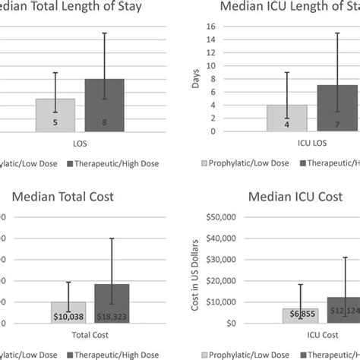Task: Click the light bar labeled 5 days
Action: tap(55, 115)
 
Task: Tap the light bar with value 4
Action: tap(287, 118)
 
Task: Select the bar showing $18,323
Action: tap(112, 303)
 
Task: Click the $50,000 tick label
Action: tap(217, 216)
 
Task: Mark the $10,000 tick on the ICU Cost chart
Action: tap(217, 302)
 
